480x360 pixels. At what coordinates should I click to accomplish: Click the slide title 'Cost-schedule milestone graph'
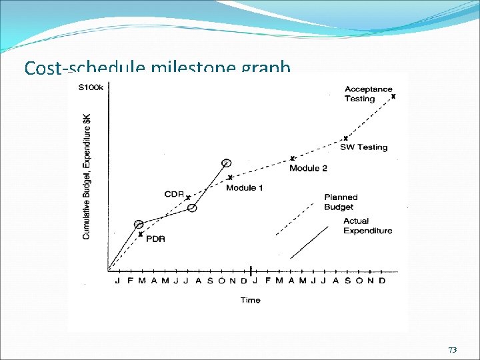click(x=157, y=68)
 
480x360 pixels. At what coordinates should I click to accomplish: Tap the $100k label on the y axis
click(x=91, y=87)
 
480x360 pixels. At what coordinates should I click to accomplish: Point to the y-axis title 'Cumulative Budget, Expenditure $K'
click(x=87, y=176)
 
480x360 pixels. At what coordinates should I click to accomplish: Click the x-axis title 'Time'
click(x=250, y=300)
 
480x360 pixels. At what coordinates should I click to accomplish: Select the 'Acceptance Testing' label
click(x=368, y=94)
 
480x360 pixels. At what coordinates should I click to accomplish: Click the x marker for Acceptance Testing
click(x=393, y=97)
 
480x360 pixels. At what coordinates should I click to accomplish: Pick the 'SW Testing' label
click(x=363, y=147)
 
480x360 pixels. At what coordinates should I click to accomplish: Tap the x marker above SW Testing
click(x=345, y=139)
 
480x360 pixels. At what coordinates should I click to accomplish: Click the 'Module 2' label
click(x=308, y=168)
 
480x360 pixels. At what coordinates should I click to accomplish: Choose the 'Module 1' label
click(x=244, y=188)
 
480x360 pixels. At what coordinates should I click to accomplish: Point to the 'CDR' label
click(x=174, y=194)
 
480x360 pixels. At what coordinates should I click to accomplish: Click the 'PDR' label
click(x=155, y=239)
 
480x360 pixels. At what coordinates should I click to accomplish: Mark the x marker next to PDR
click(x=141, y=234)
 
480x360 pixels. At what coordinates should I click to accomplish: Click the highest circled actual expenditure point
click(x=227, y=163)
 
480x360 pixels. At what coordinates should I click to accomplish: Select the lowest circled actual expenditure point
click(x=139, y=225)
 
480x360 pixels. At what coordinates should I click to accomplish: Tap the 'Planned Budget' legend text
click(x=341, y=202)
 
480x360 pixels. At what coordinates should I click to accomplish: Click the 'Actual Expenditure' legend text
click(x=367, y=226)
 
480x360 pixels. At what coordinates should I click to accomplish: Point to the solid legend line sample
click(x=310, y=242)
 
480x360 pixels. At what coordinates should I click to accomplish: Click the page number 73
click(x=453, y=350)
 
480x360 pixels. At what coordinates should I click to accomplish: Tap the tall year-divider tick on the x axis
click(x=250, y=271)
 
